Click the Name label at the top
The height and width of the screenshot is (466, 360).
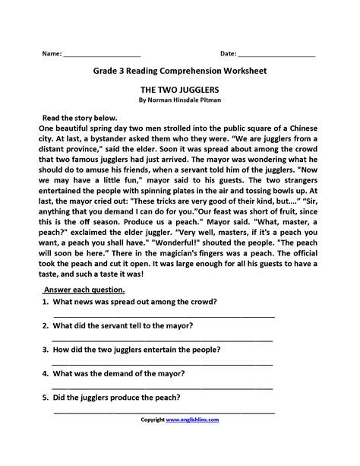coord(52,54)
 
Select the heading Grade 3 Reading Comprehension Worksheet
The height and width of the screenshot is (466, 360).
coord(180,71)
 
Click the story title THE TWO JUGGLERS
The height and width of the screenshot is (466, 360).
coord(180,89)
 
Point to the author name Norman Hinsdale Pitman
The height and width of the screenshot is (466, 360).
coord(185,100)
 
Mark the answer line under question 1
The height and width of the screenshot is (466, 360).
coord(163,315)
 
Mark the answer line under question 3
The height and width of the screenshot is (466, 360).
coord(163,363)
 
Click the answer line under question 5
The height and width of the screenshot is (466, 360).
coord(163,411)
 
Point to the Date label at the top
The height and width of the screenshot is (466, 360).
coord(228,54)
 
